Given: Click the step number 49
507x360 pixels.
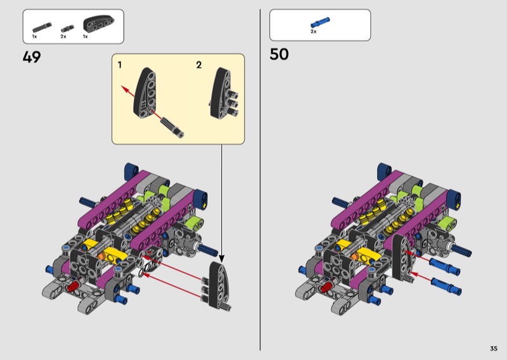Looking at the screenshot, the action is pyautogui.click(x=32, y=57).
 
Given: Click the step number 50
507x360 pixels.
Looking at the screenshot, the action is pyautogui.click(x=279, y=55).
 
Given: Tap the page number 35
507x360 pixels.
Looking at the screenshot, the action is pyautogui.click(x=494, y=349).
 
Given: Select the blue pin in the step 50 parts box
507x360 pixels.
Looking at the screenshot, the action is pyautogui.click(x=320, y=22).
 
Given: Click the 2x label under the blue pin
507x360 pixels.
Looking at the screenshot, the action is pyautogui.click(x=313, y=32).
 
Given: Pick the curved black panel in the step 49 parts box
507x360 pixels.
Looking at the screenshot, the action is pyautogui.click(x=99, y=23).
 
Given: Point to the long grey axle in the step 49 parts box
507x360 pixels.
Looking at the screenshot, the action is pyautogui.click(x=42, y=27).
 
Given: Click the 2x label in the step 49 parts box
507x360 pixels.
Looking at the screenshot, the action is pyautogui.click(x=63, y=37).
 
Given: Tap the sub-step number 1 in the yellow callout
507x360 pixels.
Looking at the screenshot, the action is pyautogui.click(x=120, y=65).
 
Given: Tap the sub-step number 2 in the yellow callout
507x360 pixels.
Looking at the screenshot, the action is pyautogui.click(x=199, y=65).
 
